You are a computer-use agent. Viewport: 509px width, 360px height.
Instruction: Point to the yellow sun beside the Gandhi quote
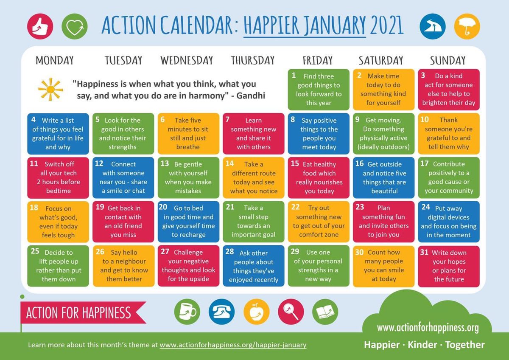(50, 89)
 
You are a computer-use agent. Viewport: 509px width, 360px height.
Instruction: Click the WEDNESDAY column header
(187, 61)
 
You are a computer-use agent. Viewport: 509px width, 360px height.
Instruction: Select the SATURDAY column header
(381, 61)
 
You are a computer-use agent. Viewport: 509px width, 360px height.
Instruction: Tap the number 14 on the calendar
(229, 163)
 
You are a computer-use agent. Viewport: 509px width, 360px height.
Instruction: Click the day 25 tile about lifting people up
(58, 266)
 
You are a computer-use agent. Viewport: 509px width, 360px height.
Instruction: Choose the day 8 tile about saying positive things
(319, 133)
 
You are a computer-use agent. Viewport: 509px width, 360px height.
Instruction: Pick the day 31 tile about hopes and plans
(449, 266)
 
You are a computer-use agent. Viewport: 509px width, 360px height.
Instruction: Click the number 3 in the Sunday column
(423, 75)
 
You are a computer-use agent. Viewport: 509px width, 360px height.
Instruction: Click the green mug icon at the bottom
(187, 312)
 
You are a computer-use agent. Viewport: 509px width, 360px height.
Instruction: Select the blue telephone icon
(221, 312)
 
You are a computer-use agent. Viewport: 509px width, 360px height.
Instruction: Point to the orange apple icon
(256, 312)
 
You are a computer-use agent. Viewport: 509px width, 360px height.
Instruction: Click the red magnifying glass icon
(291, 312)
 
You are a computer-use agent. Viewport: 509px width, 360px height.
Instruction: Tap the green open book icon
(325, 312)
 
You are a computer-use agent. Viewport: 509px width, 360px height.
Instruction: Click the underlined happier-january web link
(233, 345)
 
